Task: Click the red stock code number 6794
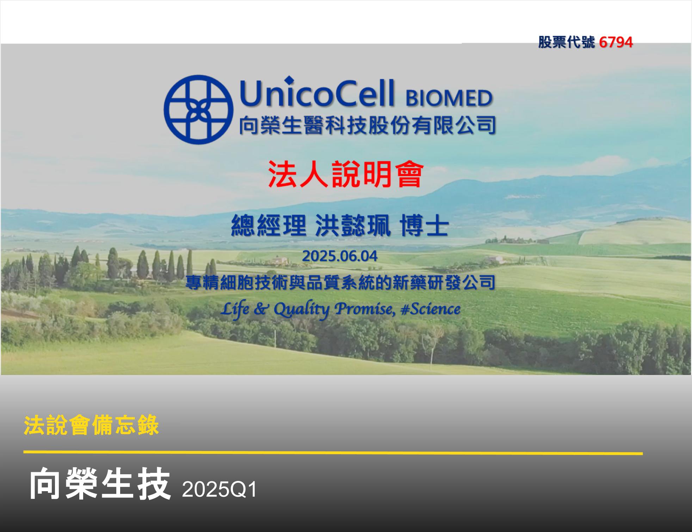click(x=616, y=42)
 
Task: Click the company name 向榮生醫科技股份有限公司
click(x=367, y=125)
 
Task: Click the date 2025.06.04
click(x=340, y=256)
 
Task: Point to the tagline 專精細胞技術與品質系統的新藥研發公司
click(x=340, y=282)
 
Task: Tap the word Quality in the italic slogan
click(x=301, y=309)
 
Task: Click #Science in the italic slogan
click(x=430, y=309)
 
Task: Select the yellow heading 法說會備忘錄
click(x=91, y=426)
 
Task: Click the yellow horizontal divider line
click(x=333, y=452)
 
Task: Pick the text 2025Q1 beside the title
click(x=219, y=489)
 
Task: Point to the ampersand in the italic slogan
click(x=261, y=309)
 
